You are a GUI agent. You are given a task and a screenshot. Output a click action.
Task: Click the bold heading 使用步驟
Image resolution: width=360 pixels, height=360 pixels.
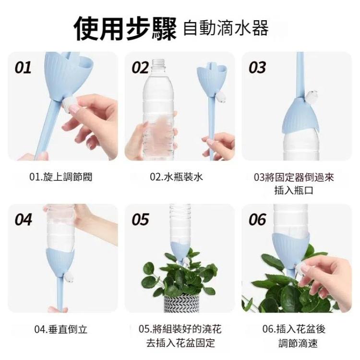pyautogui.click(x=125, y=28)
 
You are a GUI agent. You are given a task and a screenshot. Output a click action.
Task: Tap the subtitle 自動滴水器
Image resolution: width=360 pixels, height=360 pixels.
pyautogui.click(x=226, y=28)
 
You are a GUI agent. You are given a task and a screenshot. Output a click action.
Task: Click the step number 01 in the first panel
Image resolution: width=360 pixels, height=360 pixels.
pyautogui.click(x=23, y=68)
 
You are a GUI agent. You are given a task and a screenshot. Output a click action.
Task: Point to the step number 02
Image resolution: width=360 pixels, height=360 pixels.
pyautogui.click(x=140, y=68)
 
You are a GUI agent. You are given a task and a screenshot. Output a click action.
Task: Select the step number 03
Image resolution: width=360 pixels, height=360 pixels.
pyautogui.click(x=257, y=68)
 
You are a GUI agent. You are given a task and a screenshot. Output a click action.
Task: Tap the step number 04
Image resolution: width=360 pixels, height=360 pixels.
pyautogui.click(x=23, y=219)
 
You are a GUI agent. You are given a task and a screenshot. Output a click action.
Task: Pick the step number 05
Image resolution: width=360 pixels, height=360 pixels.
pyautogui.click(x=140, y=219)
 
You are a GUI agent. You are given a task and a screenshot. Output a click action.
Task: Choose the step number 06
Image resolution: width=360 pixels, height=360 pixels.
pyautogui.click(x=257, y=219)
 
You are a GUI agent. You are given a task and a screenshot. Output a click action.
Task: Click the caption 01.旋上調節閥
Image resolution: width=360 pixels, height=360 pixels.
pyautogui.click(x=61, y=177)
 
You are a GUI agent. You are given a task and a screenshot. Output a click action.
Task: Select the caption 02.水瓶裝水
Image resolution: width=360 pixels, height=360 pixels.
pyautogui.click(x=177, y=177)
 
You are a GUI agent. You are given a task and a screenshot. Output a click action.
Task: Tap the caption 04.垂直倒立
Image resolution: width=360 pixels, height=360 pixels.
pyautogui.click(x=61, y=329)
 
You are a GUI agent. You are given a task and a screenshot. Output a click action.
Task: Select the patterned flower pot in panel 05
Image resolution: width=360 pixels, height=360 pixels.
pyautogui.click(x=181, y=303)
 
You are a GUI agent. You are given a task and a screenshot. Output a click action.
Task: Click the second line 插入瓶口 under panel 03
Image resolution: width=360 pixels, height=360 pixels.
pyautogui.click(x=294, y=191)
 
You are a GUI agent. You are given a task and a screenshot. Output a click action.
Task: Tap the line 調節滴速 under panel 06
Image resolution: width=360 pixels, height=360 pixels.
pyautogui.click(x=298, y=344)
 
